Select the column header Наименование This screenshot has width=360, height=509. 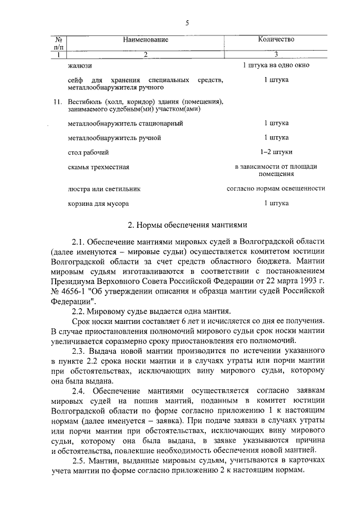click(x=145, y=39)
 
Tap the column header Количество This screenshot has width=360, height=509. click(x=276, y=39)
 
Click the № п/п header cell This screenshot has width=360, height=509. click(x=58, y=43)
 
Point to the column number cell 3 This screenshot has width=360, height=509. click(x=276, y=55)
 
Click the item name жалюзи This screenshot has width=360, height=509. click(x=78, y=66)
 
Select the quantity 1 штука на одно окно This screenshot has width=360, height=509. click(x=276, y=66)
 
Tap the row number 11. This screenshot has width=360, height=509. click(x=56, y=102)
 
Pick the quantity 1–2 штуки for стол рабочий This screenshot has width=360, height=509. click(x=276, y=152)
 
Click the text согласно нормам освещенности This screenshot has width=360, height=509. click(x=276, y=189)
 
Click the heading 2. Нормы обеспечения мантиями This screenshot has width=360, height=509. click(x=187, y=226)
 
